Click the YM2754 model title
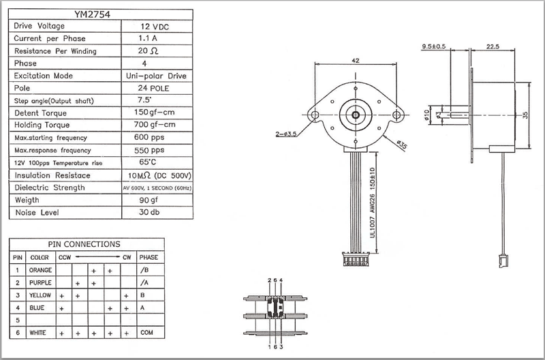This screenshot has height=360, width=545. click(99, 12)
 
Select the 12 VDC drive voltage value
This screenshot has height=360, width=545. click(156, 25)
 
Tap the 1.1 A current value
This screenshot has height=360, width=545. click(156, 38)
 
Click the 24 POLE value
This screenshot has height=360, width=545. click(156, 88)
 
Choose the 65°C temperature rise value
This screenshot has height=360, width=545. click(156, 162)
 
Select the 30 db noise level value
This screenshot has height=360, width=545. click(156, 213)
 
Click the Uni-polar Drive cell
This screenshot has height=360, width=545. click(156, 76)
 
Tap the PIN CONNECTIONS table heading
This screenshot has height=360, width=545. click(84, 244)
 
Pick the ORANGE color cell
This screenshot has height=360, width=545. click(40, 270)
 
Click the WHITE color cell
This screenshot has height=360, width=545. click(38, 333)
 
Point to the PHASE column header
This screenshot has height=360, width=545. click(149, 257)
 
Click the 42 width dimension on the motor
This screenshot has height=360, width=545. click(355, 61)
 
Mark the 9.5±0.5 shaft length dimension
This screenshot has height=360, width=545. click(434, 46)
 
